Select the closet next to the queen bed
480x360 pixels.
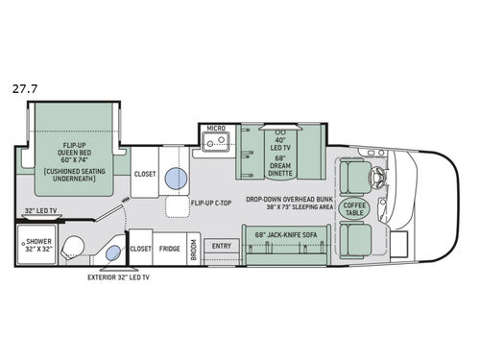tap(144, 175)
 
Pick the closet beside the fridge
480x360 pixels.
tap(140, 247)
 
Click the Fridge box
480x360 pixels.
tap(170, 247)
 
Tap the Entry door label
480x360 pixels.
tap(221, 247)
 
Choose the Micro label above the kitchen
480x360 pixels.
tap(215, 127)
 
